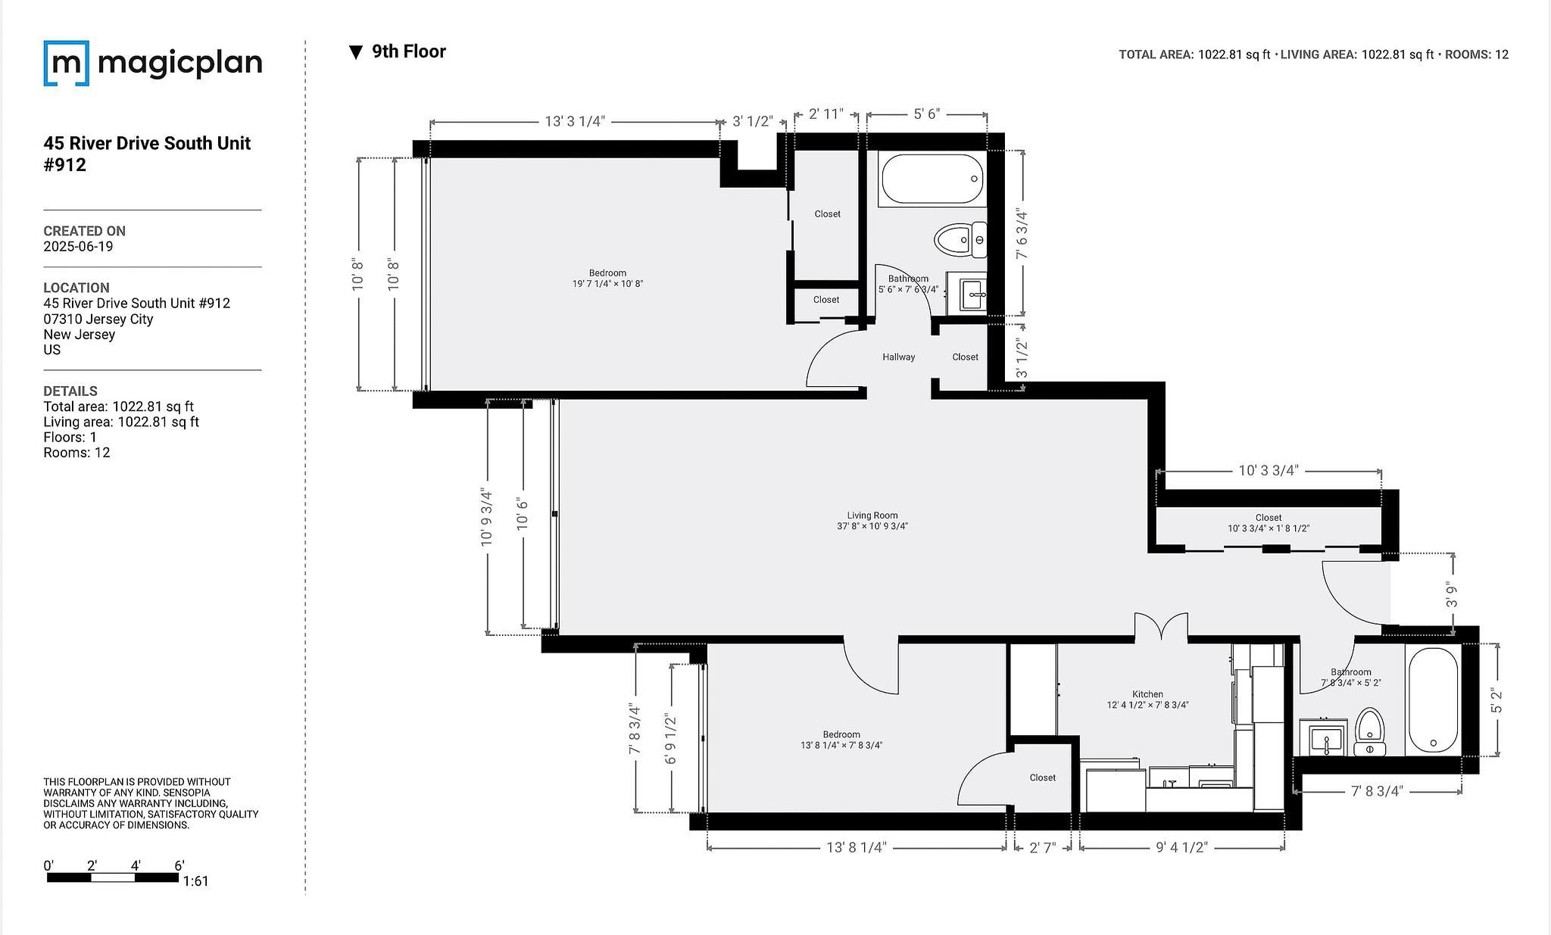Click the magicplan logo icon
[x=67, y=63]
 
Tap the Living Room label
[x=872, y=516]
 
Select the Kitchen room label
[x=1147, y=694]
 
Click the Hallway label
[x=898, y=357]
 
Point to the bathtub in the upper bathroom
[x=932, y=179]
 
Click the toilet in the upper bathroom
[x=960, y=241]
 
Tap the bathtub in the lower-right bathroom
[x=1433, y=700]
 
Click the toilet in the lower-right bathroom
[x=1369, y=732]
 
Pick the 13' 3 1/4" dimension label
[x=575, y=122]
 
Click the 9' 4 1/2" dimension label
[x=1181, y=847]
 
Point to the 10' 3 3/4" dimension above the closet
[x=1269, y=470]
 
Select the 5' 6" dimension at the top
[x=926, y=114]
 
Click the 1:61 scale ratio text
[x=195, y=881]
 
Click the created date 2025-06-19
[x=78, y=247]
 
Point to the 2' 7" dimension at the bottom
[x=1043, y=847]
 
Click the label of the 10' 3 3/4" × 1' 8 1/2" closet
[x=1269, y=523]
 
